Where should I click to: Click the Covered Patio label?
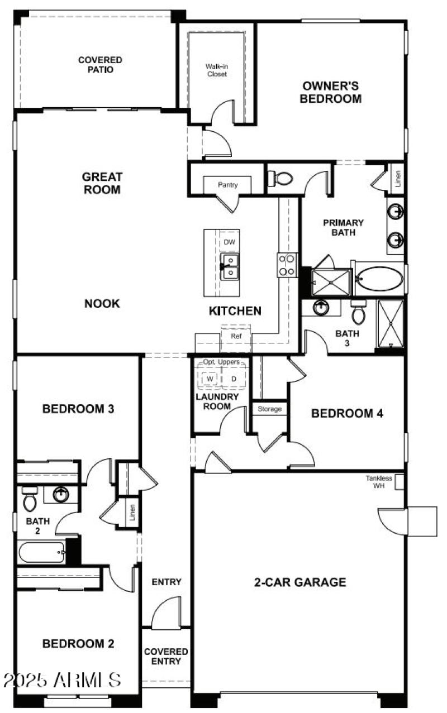100,65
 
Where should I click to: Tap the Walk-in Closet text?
217,70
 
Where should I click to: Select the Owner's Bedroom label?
330,93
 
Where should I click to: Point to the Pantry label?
228,185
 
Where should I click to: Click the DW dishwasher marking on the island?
229,242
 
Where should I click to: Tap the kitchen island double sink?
230,265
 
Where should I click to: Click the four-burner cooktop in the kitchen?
288,265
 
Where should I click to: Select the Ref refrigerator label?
236,337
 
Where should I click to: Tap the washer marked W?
210,379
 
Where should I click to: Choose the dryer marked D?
234,379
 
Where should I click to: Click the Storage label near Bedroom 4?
269,409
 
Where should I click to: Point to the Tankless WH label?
379,482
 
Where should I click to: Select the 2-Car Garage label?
300,582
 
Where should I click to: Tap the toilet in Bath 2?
30,499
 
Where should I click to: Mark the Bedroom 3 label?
78,409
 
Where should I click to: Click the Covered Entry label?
166,657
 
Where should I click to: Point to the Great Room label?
102,183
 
